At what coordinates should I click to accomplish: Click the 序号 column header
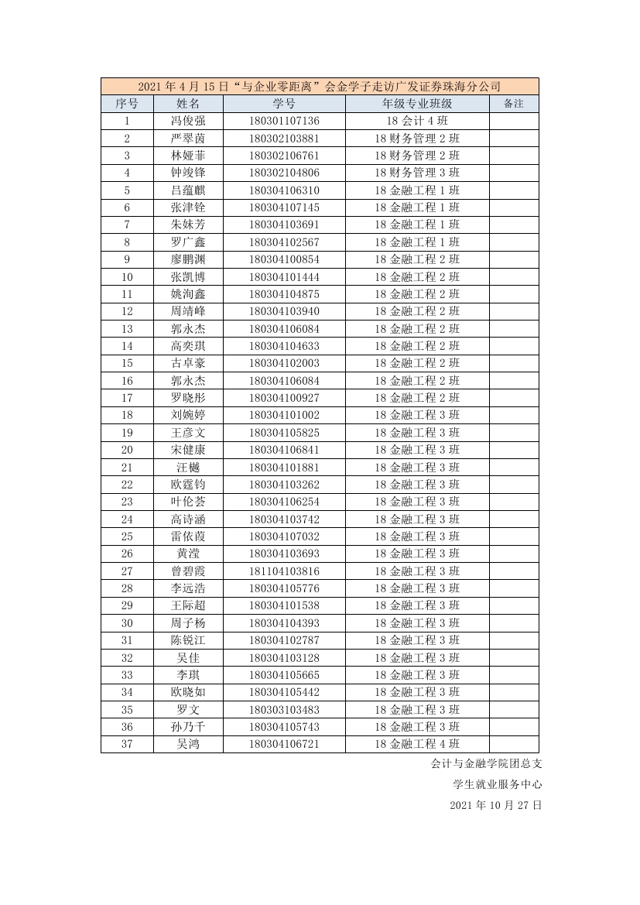click(x=127, y=104)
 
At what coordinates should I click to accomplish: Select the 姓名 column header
click(x=188, y=104)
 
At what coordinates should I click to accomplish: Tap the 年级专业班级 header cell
click(x=417, y=104)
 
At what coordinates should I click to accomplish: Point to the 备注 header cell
click(x=514, y=104)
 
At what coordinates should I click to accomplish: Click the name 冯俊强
click(x=188, y=121)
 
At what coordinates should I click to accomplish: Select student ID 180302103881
click(x=284, y=139)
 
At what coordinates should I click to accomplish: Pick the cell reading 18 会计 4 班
click(x=417, y=121)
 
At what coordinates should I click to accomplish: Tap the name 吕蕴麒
click(x=188, y=190)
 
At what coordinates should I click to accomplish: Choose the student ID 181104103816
click(x=284, y=571)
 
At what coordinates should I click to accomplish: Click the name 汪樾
click(x=188, y=468)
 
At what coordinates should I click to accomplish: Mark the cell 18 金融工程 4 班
click(x=417, y=745)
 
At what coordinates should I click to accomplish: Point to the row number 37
click(x=127, y=745)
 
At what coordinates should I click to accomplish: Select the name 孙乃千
click(x=188, y=727)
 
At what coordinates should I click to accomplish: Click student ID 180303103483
click(x=284, y=710)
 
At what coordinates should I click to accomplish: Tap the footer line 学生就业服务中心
click(x=498, y=784)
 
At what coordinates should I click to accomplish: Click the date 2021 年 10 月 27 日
click(x=495, y=805)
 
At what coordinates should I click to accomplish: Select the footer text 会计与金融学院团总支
click(x=487, y=763)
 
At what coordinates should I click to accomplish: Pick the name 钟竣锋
click(x=188, y=173)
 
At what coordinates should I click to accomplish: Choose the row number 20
click(x=127, y=450)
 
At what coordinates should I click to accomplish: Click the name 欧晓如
click(x=188, y=692)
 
